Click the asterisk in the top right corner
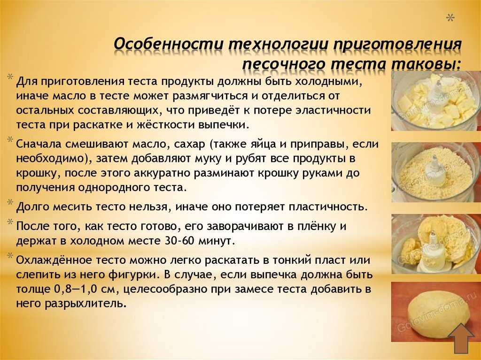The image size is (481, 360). [x=450, y=18]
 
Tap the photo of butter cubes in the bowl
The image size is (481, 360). [x=436, y=101]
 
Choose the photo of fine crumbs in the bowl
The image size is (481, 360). [x=436, y=172]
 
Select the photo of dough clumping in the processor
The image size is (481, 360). [x=436, y=244]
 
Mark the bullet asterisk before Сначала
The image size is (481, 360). [x=10, y=140]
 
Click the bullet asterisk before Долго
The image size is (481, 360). [x=10, y=202]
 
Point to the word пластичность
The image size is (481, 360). [x=328, y=207]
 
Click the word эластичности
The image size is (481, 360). [x=333, y=110]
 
